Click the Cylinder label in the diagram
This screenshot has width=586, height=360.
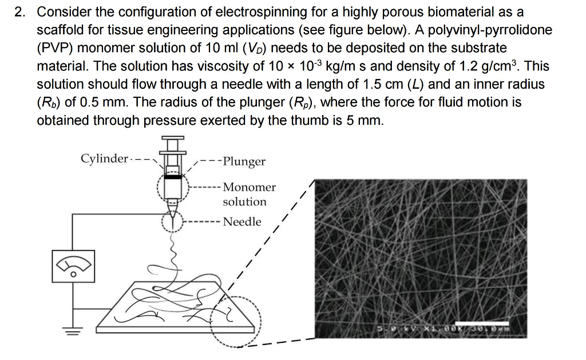coord(104,158)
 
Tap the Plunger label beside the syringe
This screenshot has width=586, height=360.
coord(244,161)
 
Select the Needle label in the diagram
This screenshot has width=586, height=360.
coord(242,221)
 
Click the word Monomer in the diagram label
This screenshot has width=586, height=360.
coord(249,187)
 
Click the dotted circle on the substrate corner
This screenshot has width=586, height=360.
coord(235,323)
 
